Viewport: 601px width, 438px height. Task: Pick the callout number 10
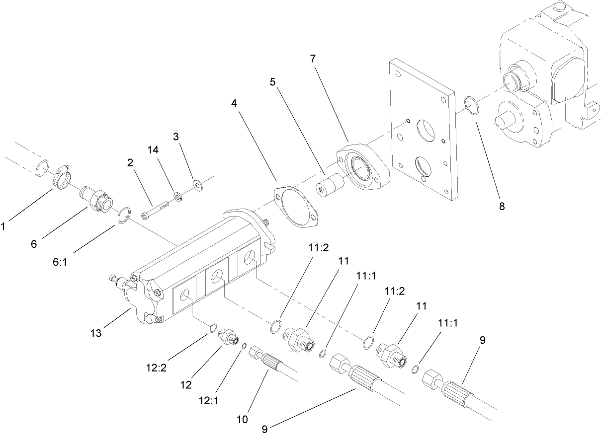click(242, 419)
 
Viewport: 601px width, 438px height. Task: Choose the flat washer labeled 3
click(198, 186)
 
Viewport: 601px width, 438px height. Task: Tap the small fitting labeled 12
click(229, 337)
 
